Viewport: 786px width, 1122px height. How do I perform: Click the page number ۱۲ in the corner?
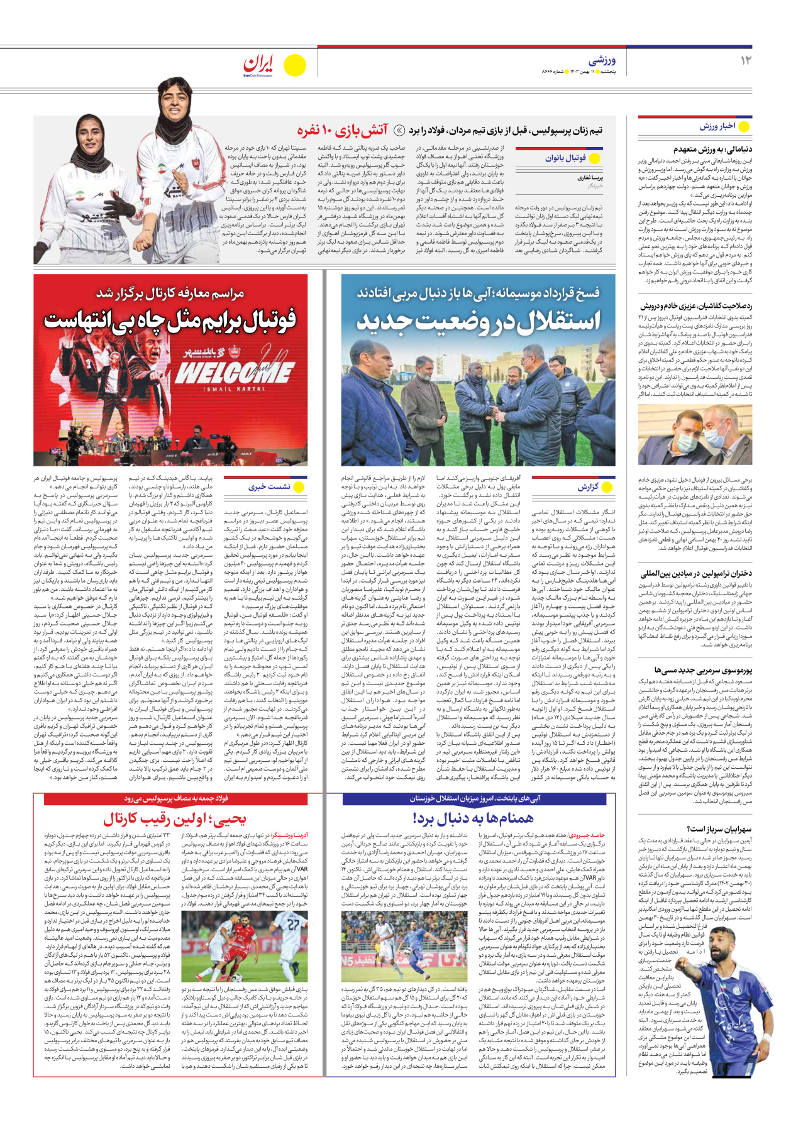745,60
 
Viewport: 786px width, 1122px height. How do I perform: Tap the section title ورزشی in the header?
602,60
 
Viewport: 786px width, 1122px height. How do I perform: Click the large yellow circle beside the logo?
294,65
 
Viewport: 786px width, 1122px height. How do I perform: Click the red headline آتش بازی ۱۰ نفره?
343,131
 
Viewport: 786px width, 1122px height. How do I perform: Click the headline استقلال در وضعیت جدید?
478,321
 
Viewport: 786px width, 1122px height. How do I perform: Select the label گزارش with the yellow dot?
587,487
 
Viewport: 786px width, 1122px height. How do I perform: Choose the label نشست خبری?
269,487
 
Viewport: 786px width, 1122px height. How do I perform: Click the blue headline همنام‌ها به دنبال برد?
473,818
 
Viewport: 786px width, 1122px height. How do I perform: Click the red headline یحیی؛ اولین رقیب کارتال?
175,818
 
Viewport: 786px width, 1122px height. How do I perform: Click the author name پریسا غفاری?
590,178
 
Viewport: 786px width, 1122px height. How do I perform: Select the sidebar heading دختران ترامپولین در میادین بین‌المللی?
696,573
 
